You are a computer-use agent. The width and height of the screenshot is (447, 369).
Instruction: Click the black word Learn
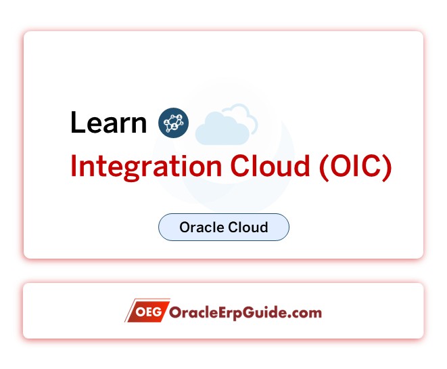pos(108,123)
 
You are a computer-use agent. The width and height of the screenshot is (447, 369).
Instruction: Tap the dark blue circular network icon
pos(173,123)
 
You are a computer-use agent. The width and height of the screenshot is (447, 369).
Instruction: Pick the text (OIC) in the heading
pos(355,167)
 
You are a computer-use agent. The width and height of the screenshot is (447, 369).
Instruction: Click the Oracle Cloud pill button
pos(224,227)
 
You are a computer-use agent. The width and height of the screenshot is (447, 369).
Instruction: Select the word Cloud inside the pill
pos(247,227)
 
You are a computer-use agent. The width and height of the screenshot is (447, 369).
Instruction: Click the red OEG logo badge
pos(147,312)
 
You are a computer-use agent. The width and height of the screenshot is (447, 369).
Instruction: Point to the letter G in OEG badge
pos(159,312)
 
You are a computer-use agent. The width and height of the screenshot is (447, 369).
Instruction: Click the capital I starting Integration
pos(74,167)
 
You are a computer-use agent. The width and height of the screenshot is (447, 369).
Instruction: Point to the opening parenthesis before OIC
pos(323,167)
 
